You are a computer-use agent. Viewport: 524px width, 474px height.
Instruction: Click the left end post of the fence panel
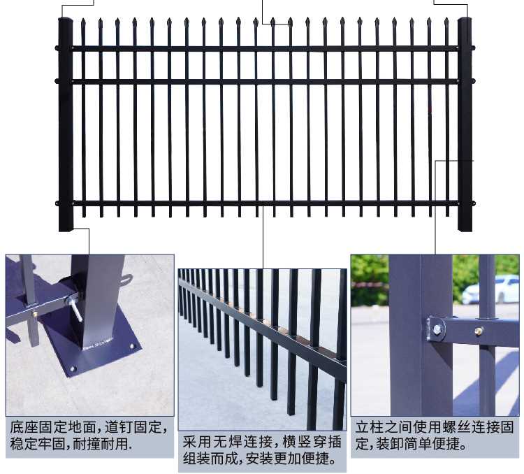[x=66, y=126]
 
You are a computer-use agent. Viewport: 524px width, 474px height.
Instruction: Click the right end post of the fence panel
[x=465, y=126]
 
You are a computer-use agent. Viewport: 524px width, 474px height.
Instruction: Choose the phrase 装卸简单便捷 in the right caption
[x=415, y=443]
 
